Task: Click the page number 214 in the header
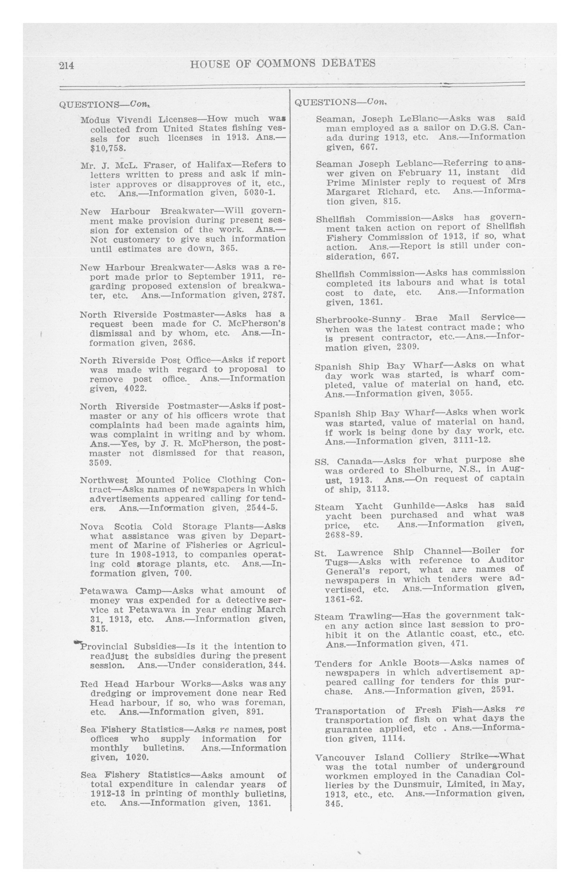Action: [x=67, y=66]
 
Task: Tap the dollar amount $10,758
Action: [x=108, y=148]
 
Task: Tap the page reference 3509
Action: [x=101, y=463]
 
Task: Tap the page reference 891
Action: [x=254, y=712]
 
